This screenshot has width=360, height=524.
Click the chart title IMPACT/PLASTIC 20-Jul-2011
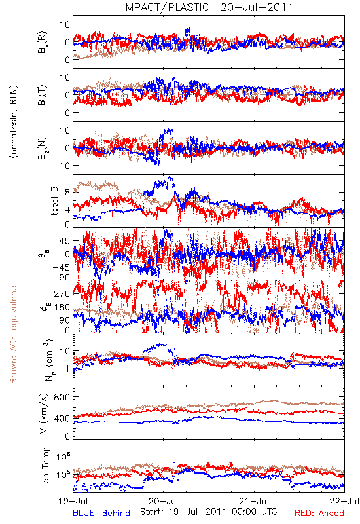click(207, 7)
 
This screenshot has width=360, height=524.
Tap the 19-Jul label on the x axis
click(73, 501)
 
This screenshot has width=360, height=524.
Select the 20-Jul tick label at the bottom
click(164, 501)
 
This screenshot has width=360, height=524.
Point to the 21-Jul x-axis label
click(254, 501)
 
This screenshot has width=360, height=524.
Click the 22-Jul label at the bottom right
click(344, 501)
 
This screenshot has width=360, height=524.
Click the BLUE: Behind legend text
click(101, 513)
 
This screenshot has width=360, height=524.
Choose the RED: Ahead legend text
click(319, 513)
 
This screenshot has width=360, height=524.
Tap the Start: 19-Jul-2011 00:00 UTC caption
click(208, 512)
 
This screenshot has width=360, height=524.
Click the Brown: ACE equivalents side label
click(13, 333)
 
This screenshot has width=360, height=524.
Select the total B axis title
click(54, 201)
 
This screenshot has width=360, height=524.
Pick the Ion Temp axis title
click(45, 466)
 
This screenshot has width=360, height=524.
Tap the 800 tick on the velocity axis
click(62, 397)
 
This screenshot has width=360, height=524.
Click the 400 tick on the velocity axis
click(62, 419)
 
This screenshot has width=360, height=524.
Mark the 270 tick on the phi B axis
click(62, 293)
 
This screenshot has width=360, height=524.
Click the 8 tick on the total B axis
click(67, 193)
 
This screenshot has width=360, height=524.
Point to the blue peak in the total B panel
click(170, 177)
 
